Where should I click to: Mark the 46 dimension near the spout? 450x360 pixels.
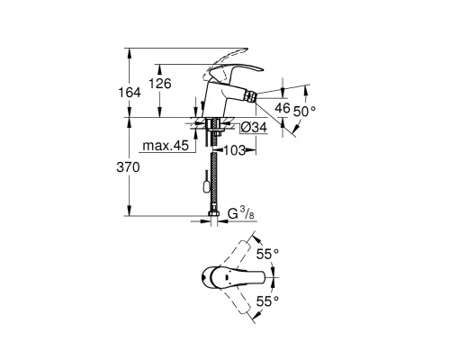(x=281, y=107)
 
